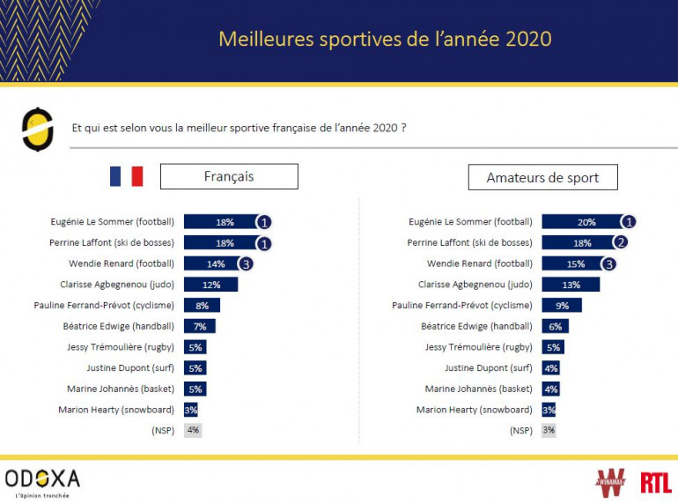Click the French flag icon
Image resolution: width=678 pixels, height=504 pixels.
tap(126, 176)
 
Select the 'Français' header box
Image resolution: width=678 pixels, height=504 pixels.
tap(229, 176)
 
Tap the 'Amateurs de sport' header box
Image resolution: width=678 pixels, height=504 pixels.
tap(542, 177)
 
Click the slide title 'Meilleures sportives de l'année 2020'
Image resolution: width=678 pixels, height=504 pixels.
tap(385, 39)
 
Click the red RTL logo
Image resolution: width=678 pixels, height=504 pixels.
tap(655, 482)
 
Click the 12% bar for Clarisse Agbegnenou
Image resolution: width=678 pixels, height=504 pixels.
tap(211, 284)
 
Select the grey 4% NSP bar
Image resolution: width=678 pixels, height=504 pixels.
tap(193, 430)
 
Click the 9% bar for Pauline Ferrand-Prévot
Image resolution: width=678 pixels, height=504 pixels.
tap(562, 305)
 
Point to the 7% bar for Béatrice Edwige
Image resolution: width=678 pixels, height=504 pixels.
tap(200, 326)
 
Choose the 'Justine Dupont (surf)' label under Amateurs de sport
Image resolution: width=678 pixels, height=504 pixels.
tap(489, 368)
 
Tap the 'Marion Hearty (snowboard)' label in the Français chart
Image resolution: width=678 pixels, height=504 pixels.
tap(116, 410)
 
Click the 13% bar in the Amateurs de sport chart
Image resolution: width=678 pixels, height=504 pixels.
tap(571, 284)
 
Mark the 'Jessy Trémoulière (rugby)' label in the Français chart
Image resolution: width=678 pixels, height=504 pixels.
tap(121, 347)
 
